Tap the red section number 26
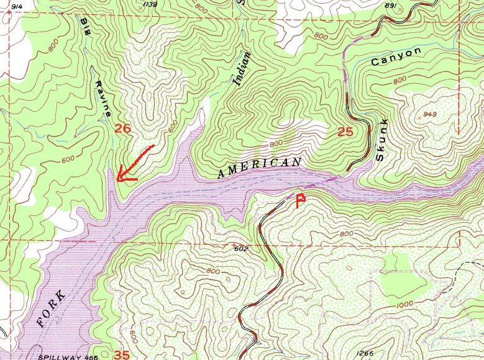click(123, 128)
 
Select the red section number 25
click(345, 132)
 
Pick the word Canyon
click(396, 56)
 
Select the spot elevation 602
click(242, 249)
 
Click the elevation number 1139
click(150, 4)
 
